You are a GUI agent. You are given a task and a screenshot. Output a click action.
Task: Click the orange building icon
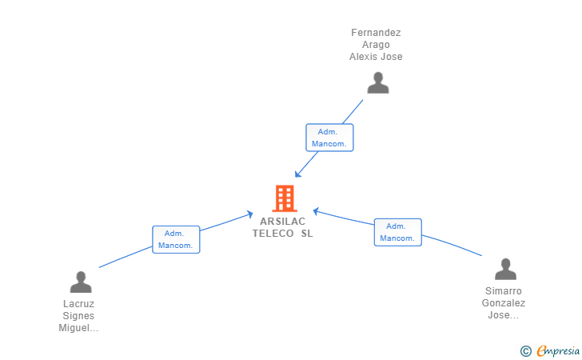pos(285,198)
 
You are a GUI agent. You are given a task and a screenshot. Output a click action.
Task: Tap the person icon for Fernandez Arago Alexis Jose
pos(378,83)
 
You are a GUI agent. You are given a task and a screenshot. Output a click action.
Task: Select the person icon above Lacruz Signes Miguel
pos(81,282)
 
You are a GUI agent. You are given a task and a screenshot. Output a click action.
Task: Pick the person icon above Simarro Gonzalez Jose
pos(505,269)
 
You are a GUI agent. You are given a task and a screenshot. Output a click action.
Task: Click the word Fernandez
pos(376,33)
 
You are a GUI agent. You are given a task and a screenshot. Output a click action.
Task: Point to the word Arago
pos(376,45)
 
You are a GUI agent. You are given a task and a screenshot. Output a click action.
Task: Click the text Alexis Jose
pos(376,57)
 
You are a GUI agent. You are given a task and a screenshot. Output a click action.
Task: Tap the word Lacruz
pos(78,304)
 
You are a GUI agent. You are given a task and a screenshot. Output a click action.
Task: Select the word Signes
pos(78,316)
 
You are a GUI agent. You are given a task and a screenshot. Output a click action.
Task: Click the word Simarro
pos(504,291)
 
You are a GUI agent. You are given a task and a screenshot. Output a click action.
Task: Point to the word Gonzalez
pos(504,302)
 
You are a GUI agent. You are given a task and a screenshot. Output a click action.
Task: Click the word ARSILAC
pos(283,222)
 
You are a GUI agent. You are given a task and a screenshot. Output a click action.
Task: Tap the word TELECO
pos(273,234)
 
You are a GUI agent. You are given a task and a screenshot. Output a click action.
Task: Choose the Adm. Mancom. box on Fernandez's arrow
pos(329,138)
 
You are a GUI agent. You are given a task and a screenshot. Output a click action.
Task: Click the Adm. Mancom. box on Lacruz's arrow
pos(176,240)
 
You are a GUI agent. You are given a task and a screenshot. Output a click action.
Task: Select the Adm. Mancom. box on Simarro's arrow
pos(398,232)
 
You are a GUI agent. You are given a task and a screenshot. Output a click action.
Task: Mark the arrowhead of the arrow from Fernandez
pos(297,174)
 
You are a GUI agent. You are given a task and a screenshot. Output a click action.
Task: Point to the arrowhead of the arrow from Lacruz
pos(249,214)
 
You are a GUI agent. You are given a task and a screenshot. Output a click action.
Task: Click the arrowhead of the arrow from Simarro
pos(316,211)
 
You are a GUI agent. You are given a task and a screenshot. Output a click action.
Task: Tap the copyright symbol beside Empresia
pos(525,351)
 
